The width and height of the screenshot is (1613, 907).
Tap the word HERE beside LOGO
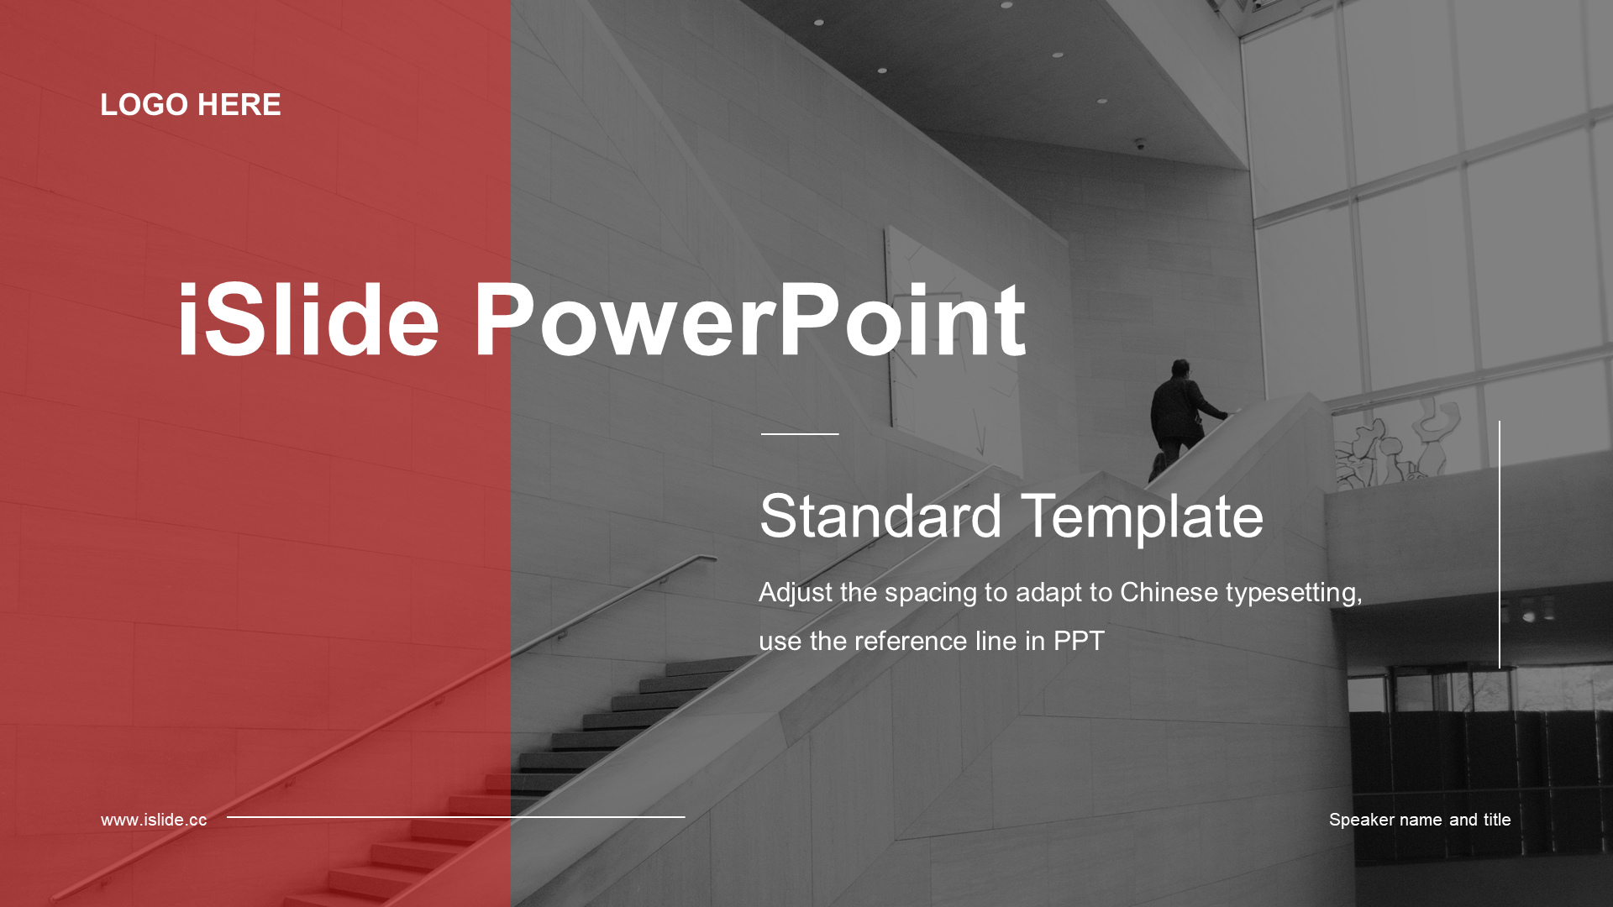(239, 105)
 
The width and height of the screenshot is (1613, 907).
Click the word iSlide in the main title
(308, 320)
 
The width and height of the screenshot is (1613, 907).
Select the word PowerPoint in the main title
(749, 320)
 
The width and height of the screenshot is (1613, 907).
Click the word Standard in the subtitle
(880, 516)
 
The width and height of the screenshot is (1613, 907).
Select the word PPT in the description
(1079, 641)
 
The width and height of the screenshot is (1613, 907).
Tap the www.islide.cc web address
(154, 820)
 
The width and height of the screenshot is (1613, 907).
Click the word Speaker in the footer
(1362, 820)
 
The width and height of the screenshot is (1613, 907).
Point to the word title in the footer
(1496, 820)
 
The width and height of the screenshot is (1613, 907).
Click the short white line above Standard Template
(800, 434)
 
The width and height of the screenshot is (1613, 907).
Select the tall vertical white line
(1499, 545)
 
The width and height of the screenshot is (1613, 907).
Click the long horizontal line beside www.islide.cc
(455, 816)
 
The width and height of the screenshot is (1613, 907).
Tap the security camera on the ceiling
(1140, 144)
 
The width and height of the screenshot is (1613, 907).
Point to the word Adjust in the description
(796, 594)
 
